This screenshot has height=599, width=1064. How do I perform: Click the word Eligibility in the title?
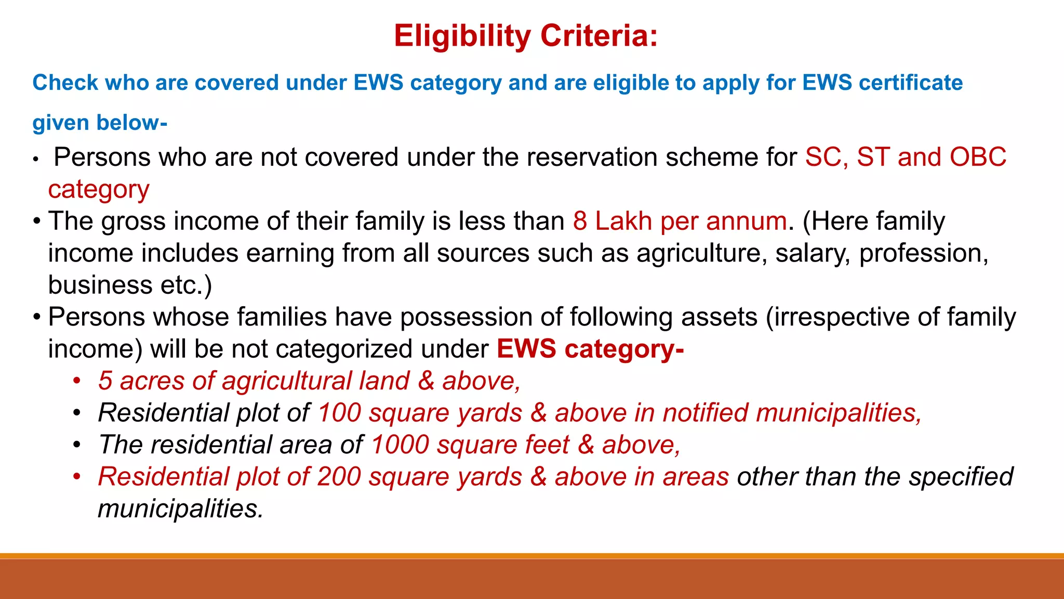click(x=462, y=36)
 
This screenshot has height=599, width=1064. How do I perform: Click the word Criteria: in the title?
click(x=599, y=36)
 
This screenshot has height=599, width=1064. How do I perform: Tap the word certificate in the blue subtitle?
click(x=910, y=83)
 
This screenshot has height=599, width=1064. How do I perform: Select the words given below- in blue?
click(x=99, y=123)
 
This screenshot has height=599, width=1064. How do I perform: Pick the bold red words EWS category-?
click(x=590, y=349)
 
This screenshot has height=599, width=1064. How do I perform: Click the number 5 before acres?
click(x=105, y=381)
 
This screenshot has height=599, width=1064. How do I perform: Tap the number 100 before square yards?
click(x=339, y=413)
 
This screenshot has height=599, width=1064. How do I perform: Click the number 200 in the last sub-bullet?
click(x=339, y=477)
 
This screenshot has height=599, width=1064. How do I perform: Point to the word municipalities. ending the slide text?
click(x=181, y=509)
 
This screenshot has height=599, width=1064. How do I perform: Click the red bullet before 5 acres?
click(x=77, y=381)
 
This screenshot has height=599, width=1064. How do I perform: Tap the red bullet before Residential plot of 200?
click(x=77, y=477)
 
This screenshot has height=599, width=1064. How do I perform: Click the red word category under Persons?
click(x=99, y=190)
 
